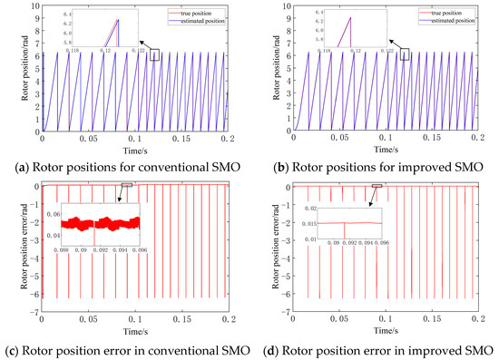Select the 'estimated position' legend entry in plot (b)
point(451,19)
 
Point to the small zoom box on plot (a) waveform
point(156,55)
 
